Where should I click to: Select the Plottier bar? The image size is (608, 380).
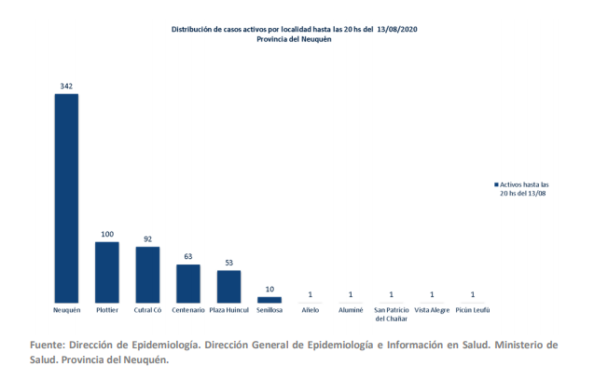pyautogui.click(x=107, y=271)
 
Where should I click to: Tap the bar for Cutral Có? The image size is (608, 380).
pyautogui.click(x=147, y=274)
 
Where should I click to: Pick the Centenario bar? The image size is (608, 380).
pyautogui.click(x=188, y=282)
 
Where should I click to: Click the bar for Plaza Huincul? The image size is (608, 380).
pyautogui.click(x=229, y=286)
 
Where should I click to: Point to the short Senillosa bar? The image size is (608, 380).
pyautogui.click(x=269, y=299)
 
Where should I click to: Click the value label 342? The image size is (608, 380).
pyautogui.click(x=66, y=86)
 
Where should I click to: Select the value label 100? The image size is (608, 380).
pyautogui.click(x=107, y=234)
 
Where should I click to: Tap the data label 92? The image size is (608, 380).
pyautogui.click(x=147, y=239)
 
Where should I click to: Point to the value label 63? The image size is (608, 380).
pyautogui.click(x=188, y=257)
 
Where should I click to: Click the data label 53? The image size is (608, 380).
pyautogui.click(x=229, y=263)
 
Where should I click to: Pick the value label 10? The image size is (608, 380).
pyautogui.click(x=269, y=289)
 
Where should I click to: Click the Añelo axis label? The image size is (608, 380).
pyautogui.click(x=310, y=309)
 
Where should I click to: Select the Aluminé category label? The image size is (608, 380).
pyautogui.click(x=351, y=309)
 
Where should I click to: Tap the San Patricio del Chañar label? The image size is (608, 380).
pyautogui.click(x=392, y=313)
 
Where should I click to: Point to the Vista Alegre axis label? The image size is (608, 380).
pyautogui.click(x=432, y=309)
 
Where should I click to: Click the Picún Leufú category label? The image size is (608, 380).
pyautogui.click(x=473, y=309)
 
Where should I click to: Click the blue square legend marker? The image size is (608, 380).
pyautogui.click(x=496, y=185)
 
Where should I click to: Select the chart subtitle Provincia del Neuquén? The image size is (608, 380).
pyautogui.click(x=295, y=40)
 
